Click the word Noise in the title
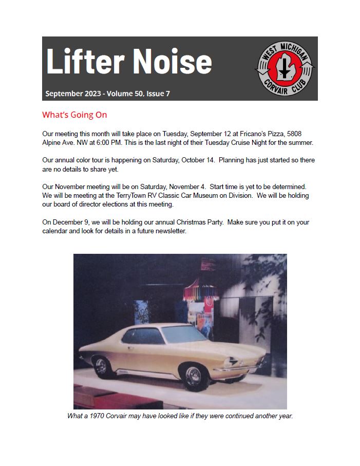click(x=172, y=62)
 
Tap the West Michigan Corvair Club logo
click(x=286, y=68)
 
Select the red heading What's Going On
click(x=74, y=115)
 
